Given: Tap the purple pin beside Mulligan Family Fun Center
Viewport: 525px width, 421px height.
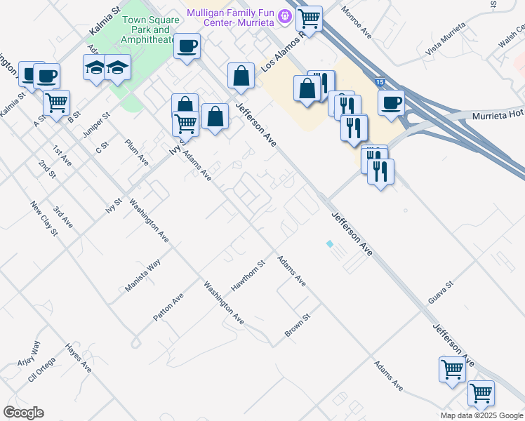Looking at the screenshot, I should tap(285, 15).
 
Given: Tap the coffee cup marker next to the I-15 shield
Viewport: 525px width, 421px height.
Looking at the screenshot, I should tap(391, 102).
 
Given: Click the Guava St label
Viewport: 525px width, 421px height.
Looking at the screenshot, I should tap(441, 294).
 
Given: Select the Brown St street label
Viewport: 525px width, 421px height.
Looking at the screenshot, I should tap(297, 325).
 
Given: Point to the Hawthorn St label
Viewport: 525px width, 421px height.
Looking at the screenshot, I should tap(248, 276).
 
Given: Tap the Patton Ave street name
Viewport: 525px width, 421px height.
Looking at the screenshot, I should tap(168, 308).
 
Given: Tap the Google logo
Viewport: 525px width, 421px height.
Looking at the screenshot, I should tap(23, 413).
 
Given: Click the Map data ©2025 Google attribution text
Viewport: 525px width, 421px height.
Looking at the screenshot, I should tap(481, 415).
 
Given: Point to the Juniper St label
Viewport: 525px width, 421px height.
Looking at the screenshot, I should tap(102, 125).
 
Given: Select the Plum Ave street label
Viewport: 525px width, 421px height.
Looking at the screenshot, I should tap(137, 152).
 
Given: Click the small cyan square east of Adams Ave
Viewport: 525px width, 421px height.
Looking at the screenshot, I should tap(329, 244).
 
